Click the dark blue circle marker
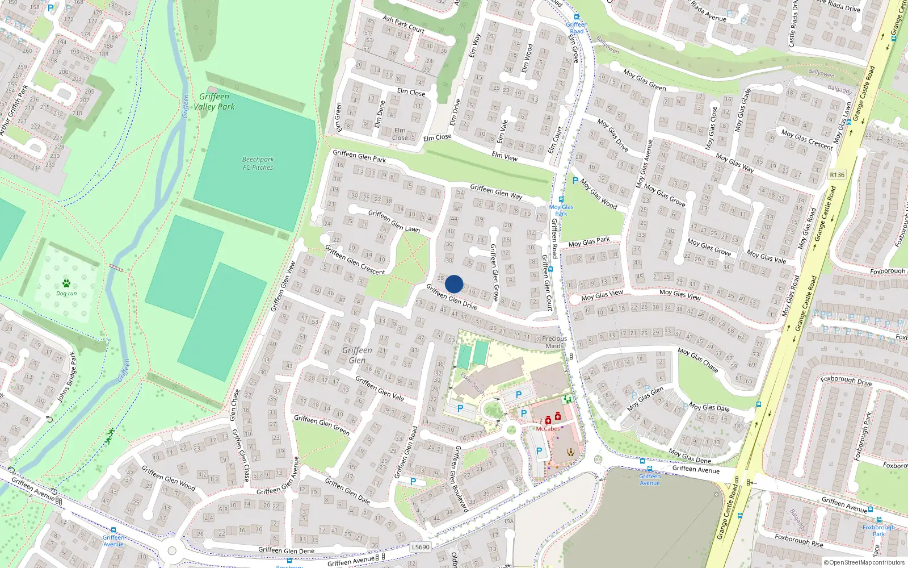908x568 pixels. click(454, 284)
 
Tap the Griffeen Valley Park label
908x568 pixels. click(214, 102)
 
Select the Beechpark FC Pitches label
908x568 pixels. click(258, 164)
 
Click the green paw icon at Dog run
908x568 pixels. click(66, 283)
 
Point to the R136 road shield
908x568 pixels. click(837, 174)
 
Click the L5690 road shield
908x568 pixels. click(421, 547)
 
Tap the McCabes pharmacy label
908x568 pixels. click(548, 429)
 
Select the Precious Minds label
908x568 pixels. click(554, 342)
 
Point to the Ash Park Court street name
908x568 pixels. click(403, 24)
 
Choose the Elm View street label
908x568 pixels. click(505, 156)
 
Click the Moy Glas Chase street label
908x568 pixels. click(698, 360)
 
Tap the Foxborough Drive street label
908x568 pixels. click(846, 381)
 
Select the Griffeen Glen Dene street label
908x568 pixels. click(286, 550)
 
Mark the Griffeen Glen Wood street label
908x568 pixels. click(169, 478)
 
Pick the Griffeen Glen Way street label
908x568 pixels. click(496, 191)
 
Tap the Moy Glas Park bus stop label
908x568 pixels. click(561, 210)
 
